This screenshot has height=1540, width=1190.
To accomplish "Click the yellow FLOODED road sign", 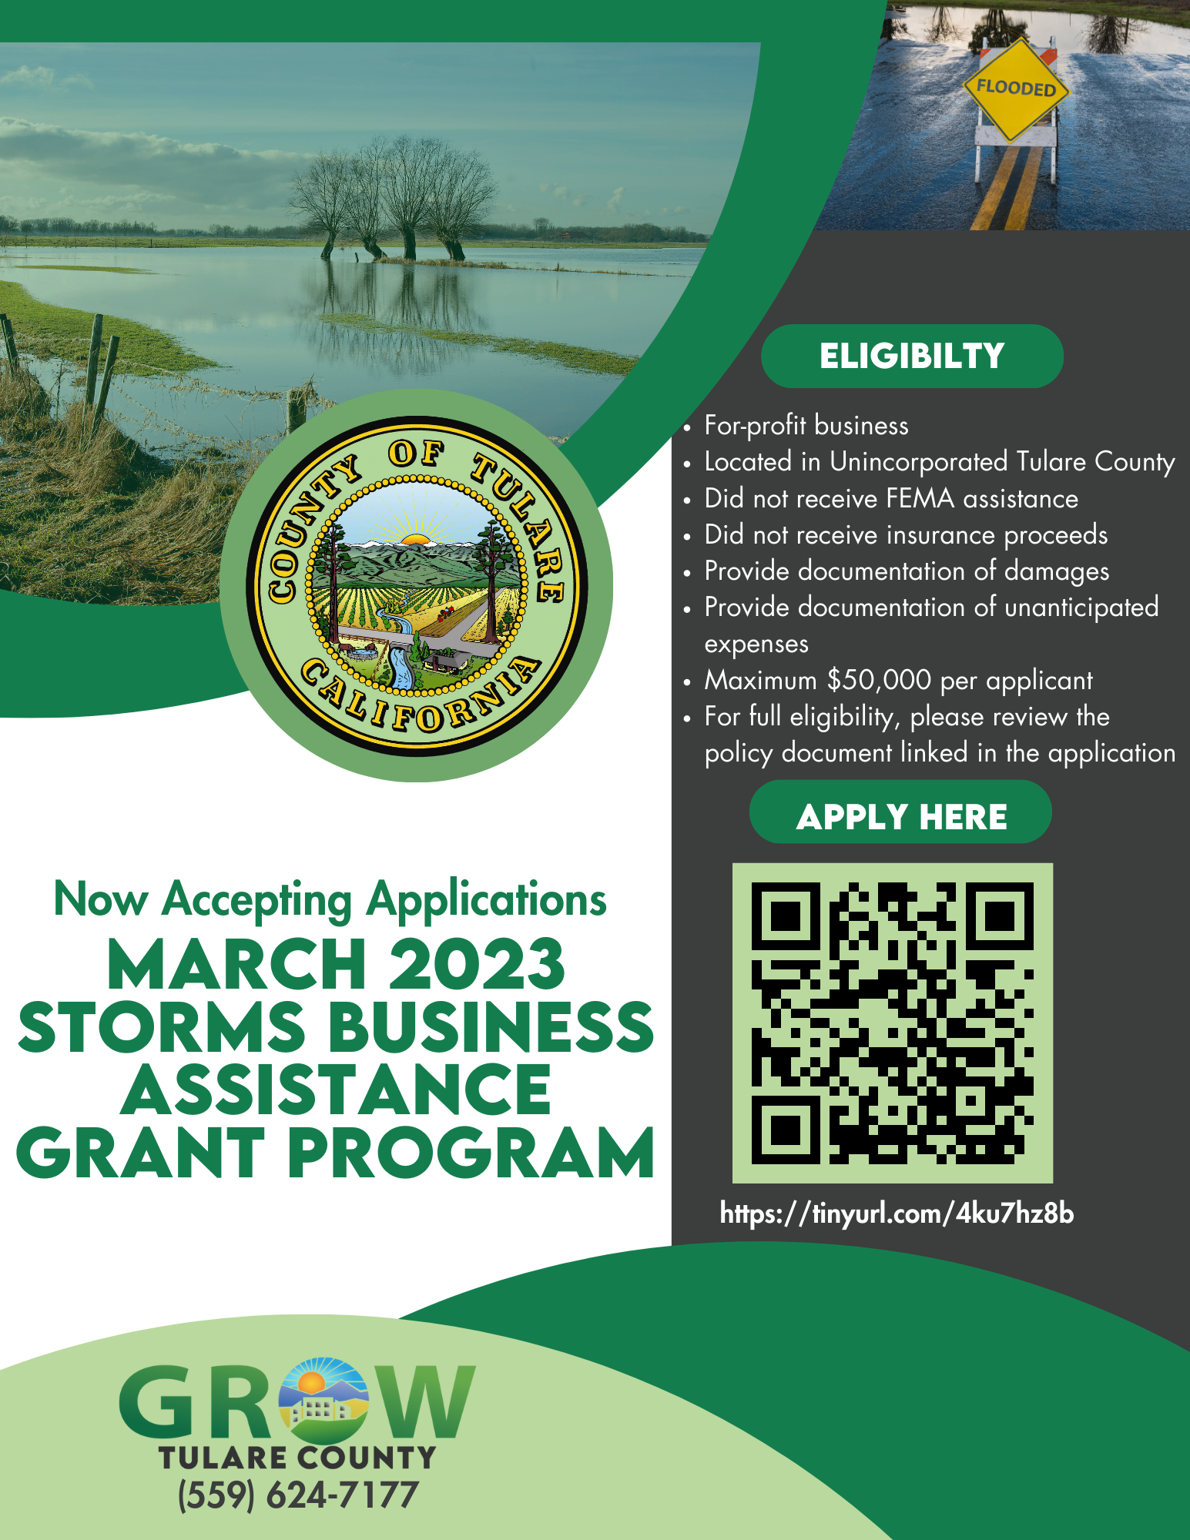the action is coord(1016,89).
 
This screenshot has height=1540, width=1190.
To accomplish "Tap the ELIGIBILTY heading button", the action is coord(912,356).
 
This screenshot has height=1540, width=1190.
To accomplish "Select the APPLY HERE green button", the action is coord(900,812).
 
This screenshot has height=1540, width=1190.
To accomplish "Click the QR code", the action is coord(892,1023).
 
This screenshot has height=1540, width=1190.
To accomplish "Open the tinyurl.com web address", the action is coord(897,1213).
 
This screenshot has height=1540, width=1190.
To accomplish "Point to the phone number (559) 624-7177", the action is coord(298,1495).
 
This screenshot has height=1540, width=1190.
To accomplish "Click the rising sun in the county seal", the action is coord(415,538).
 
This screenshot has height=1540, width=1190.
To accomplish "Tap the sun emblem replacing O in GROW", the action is coord(323,1401).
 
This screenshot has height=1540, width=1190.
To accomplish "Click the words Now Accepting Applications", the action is coord(330,899).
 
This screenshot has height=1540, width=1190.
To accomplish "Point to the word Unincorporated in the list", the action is coord(918,461).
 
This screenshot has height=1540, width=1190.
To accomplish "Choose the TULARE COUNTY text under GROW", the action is coord(297,1458).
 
